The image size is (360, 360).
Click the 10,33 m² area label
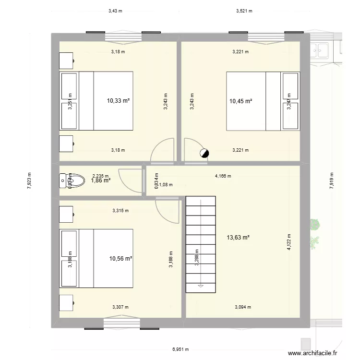click(119, 101)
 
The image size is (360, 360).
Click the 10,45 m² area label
click(241, 101)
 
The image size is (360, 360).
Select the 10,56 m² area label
click(120, 259)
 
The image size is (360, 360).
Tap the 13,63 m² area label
click(239, 237)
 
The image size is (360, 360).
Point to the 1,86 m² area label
click(101, 180)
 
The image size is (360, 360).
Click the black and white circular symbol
click(204, 153)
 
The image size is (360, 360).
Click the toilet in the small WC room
click(64, 180)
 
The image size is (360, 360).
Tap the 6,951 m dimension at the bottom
click(180, 349)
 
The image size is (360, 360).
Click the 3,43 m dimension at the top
click(115, 11)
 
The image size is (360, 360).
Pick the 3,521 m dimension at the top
click(244, 11)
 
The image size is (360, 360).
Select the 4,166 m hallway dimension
click(223, 176)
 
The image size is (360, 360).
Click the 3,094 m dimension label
click(242, 307)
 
